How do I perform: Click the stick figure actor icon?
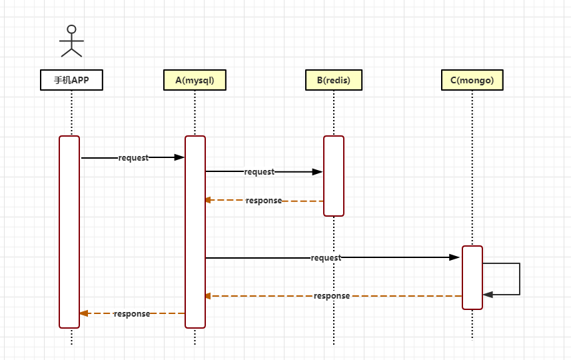click(x=71, y=41)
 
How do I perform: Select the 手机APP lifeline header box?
click(x=71, y=80)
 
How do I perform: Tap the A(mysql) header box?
click(x=195, y=80)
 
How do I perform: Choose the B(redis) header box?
click(x=333, y=80)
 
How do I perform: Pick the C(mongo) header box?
click(x=472, y=80)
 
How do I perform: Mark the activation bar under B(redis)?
click(x=334, y=176)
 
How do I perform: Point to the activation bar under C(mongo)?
click(x=472, y=277)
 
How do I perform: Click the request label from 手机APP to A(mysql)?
click(x=133, y=158)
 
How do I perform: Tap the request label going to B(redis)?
click(x=259, y=172)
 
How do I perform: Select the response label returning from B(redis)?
click(x=263, y=201)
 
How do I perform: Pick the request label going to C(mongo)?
click(x=326, y=258)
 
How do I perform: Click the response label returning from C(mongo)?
click(x=332, y=296)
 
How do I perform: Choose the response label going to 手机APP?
click(x=131, y=314)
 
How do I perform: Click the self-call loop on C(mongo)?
click(x=518, y=279)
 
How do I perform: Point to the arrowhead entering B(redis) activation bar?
click(x=318, y=172)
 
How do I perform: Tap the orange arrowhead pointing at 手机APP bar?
click(x=83, y=313)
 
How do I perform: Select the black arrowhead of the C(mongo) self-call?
click(x=488, y=294)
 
